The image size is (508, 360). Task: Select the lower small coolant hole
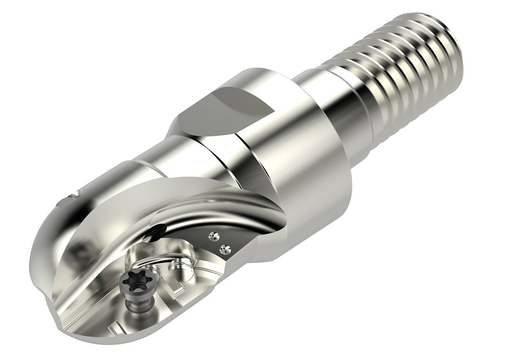(222, 250)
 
